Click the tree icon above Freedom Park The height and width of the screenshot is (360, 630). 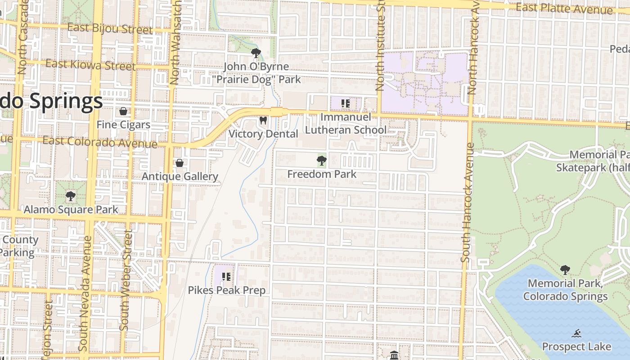321,161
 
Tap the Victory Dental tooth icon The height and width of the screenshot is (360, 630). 263,121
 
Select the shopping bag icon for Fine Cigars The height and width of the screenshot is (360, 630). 123,111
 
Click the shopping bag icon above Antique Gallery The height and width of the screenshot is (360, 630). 180,163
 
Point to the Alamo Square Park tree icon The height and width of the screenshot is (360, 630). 70,196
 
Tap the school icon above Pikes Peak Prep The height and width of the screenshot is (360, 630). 226,277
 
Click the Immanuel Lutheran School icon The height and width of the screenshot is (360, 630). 345,104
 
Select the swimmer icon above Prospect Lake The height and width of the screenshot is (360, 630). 576,333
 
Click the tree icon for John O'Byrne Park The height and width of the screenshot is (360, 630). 256,53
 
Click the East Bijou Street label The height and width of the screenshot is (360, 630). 110,29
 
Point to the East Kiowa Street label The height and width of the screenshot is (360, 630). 90,65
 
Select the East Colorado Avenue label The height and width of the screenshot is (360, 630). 99,142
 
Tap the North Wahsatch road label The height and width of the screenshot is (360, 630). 175,43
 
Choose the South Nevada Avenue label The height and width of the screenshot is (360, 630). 84,292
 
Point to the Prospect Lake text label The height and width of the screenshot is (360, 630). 576,346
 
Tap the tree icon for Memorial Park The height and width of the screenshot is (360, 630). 565,270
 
